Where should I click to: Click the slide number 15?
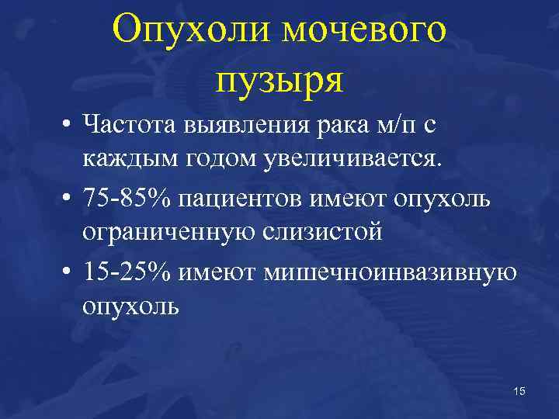[519, 392]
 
